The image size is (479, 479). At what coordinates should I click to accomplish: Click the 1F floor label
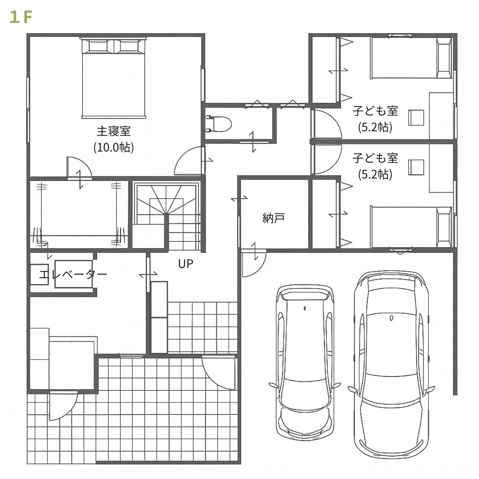(21, 18)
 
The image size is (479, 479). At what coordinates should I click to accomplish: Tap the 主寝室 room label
(114, 131)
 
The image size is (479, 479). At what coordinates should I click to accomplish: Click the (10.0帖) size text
(114, 147)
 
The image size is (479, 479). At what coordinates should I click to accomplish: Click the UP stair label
(186, 264)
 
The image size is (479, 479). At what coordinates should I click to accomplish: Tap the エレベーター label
(73, 274)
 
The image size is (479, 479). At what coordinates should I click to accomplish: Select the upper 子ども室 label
(375, 111)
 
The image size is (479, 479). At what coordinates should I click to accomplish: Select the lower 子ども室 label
(375, 158)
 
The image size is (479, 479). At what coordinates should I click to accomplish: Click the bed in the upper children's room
(411, 58)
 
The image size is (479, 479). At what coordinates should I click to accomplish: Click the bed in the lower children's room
(411, 227)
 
